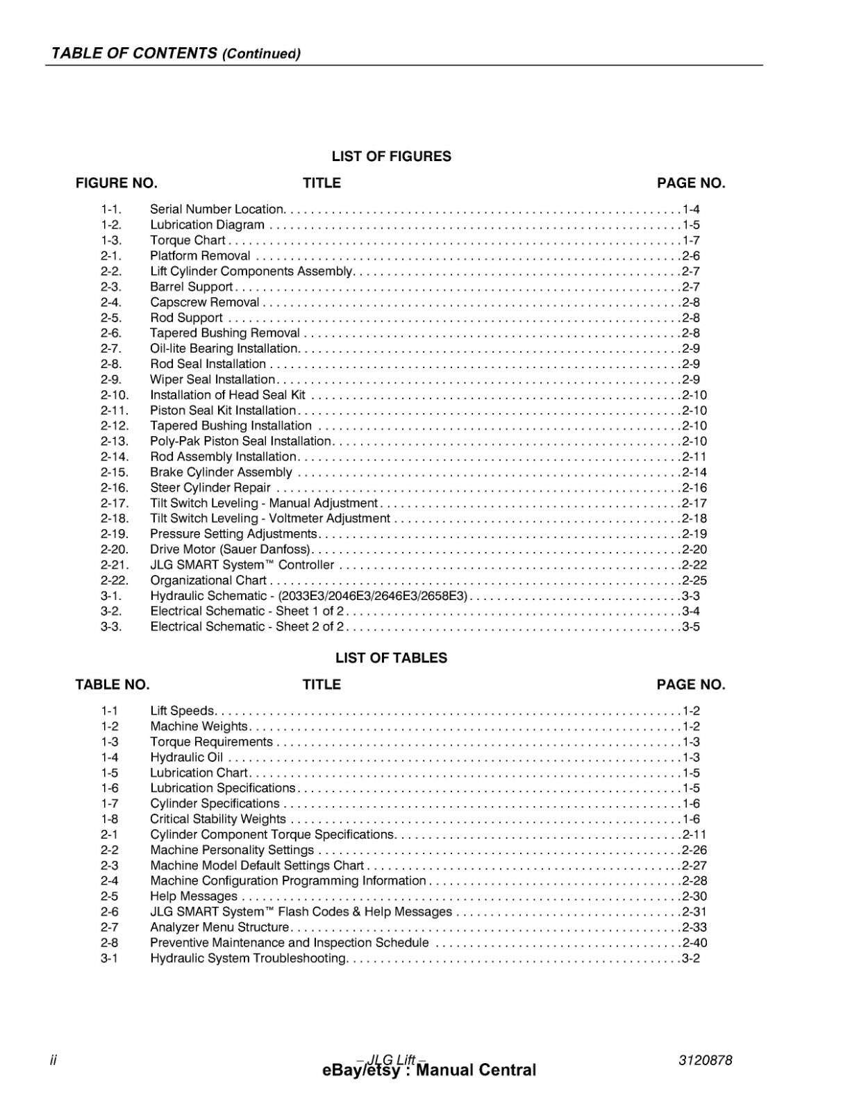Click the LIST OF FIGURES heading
391,156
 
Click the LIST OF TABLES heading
391,658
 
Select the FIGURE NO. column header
117,183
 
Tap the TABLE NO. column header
112,685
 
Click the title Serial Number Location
217,209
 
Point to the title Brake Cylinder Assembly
221,472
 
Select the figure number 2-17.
115,503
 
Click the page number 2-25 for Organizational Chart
694,580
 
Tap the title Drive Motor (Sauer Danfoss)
230,549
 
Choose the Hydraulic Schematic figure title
308,596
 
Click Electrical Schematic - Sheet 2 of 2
247,627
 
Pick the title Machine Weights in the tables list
199,726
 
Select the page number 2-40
694,943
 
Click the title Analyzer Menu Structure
219,927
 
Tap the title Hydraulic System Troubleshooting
248,958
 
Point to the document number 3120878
705,1060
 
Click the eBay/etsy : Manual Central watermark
429,1071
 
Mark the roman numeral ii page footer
53,1060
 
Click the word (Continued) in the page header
261,54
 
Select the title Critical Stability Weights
218,819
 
